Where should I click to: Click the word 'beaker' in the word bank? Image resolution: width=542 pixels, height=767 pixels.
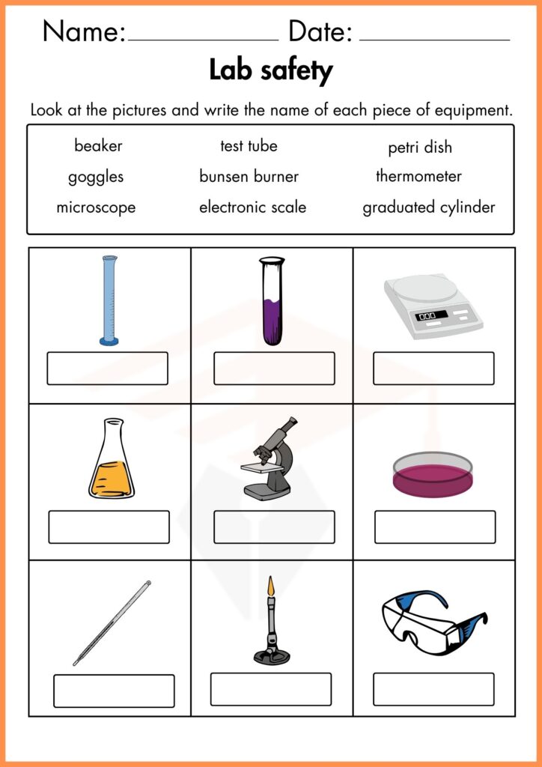tap(98, 146)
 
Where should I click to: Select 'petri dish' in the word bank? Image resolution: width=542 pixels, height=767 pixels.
tap(420, 148)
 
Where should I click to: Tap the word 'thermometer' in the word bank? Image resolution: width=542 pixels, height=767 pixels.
tap(418, 176)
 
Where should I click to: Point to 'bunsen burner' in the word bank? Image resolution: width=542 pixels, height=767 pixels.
tap(249, 176)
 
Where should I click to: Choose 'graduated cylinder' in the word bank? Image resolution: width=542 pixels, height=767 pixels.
tap(429, 208)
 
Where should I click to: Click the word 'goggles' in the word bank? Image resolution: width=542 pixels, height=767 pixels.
tap(96, 178)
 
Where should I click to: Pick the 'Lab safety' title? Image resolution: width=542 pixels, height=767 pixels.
tap(271, 71)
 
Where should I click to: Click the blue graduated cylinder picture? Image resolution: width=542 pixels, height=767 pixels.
tap(109, 300)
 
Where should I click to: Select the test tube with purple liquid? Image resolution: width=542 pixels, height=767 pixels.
tap(272, 301)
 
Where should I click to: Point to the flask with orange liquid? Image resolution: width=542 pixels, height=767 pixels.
tap(112, 458)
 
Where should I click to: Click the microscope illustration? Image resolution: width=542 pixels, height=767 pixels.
tap(269, 459)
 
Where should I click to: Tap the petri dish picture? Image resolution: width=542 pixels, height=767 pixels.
tap(433, 474)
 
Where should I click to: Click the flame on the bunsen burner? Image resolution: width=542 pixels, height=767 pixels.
tap(271, 587)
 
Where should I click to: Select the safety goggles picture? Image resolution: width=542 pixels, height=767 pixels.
tap(434, 622)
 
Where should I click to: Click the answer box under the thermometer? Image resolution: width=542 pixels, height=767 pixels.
tap(114, 691)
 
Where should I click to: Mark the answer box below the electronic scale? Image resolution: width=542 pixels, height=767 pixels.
tap(433, 369)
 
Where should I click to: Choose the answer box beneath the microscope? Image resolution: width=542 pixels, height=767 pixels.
tap(274, 527)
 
